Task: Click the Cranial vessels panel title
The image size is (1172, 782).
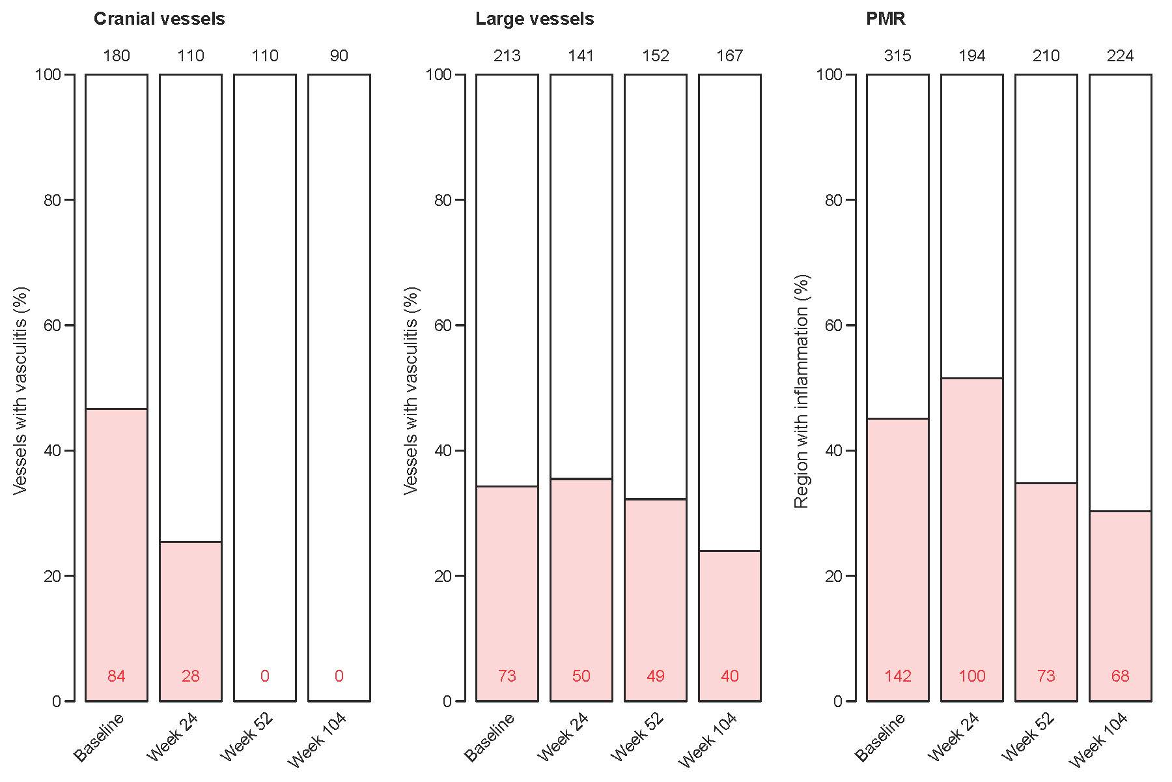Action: pyautogui.click(x=159, y=19)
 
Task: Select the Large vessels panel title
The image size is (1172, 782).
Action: pyautogui.click(x=534, y=19)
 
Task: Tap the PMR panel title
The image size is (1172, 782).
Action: pyautogui.click(x=886, y=19)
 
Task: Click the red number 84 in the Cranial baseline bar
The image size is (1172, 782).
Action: pyautogui.click(x=117, y=676)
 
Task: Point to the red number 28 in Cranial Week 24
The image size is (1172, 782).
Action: pyautogui.click(x=191, y=676)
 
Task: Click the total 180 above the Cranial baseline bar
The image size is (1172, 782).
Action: pyautogui.click(x=117, y=56)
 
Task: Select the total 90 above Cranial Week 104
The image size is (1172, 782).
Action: pyautogui.click(x=339, y=56)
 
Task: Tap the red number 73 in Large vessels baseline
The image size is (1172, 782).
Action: pyautogui.click(x=507, y=676)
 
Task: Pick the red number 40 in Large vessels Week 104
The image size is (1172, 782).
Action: pyautogui.click(x=730, y=676)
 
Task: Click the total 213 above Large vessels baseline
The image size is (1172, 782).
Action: pyautogui.click(x=507, y=56)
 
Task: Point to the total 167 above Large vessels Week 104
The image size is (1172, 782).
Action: pyautogui.click(x=730, y=56)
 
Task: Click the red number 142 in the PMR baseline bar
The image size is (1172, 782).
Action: pyautogui.click(x=898, y=676)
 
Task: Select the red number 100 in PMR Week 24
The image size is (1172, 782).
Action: pyautogui.click(x=972, y=676)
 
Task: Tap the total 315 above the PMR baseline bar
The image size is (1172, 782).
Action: pyautogui.click(x=898, y=56)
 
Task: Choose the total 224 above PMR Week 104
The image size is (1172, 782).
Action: pyautogui.click(x=1121, y=56)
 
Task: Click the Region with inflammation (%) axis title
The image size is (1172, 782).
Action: pyautogui.click(x=802, y=391)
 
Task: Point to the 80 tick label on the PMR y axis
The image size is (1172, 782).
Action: pyautogui.click(x=833, y=200)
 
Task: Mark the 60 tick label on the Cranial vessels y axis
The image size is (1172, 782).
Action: pyautogui.click(x=52, y=325)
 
